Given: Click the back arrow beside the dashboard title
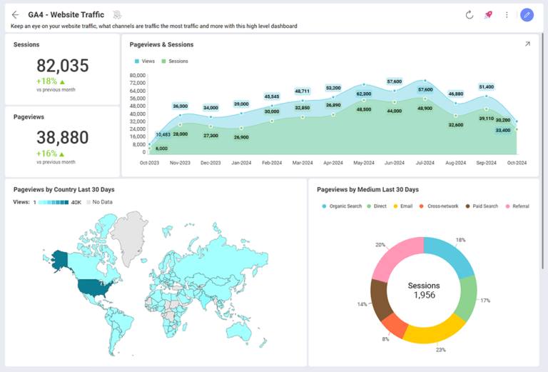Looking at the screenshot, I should coord(15,15).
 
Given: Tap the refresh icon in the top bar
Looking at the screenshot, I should coord(470,15).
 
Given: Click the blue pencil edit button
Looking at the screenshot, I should coord(527,15).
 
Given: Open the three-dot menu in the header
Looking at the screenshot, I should coord(507,15).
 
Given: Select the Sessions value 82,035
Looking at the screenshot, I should coord(63,66).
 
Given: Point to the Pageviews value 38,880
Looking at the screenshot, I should coord(63,138).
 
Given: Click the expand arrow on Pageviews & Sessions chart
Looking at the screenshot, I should coord(527,44).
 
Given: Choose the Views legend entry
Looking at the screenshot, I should coord(144,61).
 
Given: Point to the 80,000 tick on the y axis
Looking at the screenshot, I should coord(136,75).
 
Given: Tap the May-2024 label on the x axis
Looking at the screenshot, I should coord(363,163).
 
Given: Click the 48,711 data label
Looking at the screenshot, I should coord(302,91).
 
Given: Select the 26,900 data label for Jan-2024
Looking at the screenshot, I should coord(241,137).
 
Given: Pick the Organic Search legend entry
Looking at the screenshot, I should coord(342,206).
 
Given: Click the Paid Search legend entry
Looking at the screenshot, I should coord(482,206).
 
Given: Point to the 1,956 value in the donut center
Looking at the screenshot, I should coord(424,295).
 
